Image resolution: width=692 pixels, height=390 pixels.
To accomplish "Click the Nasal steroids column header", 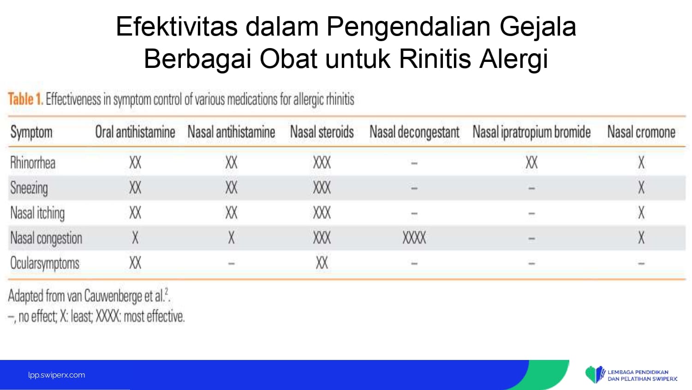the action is click(322, 132).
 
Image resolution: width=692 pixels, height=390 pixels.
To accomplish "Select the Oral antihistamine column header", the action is click(135, 132).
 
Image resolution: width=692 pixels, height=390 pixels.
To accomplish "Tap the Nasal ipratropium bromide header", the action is click(531, 132).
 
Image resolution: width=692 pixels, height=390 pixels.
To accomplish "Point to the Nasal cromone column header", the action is click(641, 132).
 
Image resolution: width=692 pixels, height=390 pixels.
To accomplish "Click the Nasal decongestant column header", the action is click(415, 132).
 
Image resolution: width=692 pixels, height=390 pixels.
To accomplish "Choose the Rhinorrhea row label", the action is click(33, 163).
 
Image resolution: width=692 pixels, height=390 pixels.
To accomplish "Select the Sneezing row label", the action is click(29, 188).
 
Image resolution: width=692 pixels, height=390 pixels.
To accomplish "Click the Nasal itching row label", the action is click(37, 213).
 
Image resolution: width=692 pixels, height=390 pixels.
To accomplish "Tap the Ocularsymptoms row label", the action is click(45, 263).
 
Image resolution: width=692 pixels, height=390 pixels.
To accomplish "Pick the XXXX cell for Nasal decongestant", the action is click(414, 238).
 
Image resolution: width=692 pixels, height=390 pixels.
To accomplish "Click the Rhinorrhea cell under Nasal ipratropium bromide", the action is click(531, 163).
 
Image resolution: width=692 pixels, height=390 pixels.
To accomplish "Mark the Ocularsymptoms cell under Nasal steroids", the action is click(322, 263).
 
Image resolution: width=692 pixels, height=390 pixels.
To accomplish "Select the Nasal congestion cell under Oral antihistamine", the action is click(135, 238).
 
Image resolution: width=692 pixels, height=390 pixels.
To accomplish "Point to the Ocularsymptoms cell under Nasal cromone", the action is click(641, 264).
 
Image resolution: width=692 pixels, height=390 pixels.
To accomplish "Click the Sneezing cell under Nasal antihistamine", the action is click(232, 188).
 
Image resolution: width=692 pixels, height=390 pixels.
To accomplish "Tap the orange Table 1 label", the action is click(25, 99).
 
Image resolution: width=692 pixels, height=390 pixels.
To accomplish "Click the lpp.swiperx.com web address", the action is click(57, 375).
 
